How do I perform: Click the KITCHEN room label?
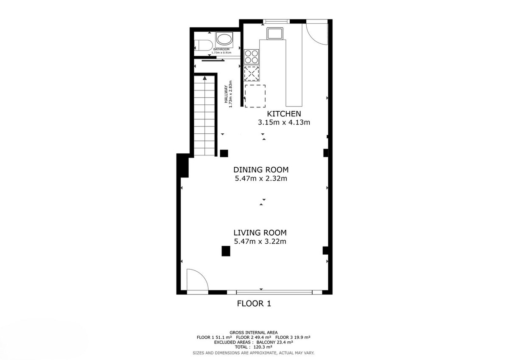click(284, 114)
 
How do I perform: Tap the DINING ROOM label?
click(261, 170)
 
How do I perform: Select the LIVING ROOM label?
click(260, 233)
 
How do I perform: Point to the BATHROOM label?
click(221, 49)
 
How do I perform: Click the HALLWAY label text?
click(226, 94)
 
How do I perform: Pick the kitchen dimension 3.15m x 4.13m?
click(284, 122)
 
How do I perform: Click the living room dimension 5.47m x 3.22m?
click(260, 241)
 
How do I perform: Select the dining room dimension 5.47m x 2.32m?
click(261, 178)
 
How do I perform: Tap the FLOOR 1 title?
click(254, 304)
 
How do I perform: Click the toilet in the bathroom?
click(203, 45)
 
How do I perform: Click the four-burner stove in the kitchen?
click(251, 56)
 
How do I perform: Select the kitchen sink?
click(275, 34)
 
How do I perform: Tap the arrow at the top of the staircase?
click(205, 78)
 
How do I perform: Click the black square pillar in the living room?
click(226, 251)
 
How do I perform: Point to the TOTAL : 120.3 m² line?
click(254, 347)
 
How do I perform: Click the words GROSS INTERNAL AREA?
click(254, 332)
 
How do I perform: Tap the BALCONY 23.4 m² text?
click(275, 342)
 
